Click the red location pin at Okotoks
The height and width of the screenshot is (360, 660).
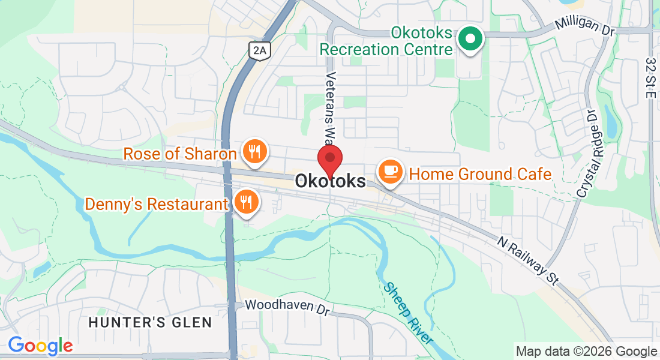(329, 159)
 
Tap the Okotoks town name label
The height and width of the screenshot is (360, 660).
(330, 181)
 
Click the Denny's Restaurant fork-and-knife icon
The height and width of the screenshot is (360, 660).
(245, 202)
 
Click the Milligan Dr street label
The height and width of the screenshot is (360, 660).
(585, 26)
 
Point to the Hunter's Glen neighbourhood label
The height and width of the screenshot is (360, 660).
(150, 323)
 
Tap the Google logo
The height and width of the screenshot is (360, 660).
(40, 346)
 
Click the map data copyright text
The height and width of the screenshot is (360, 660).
(586, 352)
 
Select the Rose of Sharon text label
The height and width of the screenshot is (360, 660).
(180, 154)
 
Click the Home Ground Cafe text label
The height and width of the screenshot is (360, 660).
(480, 175)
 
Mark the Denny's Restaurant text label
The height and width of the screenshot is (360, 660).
(157, 204)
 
